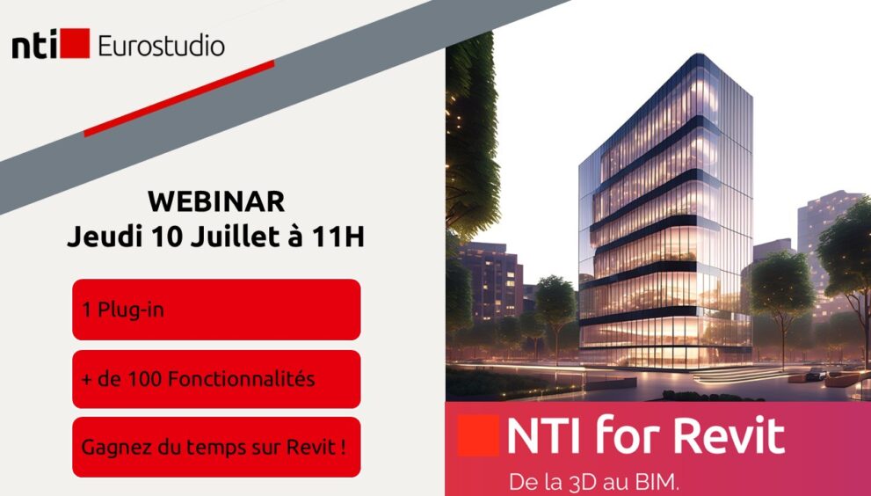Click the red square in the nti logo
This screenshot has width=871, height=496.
(x=75, y=43)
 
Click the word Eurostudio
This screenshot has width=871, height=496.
(x=161, y=46)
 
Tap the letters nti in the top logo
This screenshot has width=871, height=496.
(x=34, y=46)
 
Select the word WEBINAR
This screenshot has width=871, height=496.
(x=216, y=202)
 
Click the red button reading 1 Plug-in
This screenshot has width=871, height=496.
(x=216, y=310)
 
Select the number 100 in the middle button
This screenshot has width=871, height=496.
(x=146, y=379)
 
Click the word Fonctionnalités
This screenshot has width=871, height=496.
(x=241, y=379)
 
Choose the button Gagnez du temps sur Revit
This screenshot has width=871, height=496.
(x=216, y=447)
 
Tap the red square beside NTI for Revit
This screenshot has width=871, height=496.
(x=478, y=435)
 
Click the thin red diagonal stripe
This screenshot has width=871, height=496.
(x=179, y=98)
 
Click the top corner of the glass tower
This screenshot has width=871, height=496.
(x=698, y=54)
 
